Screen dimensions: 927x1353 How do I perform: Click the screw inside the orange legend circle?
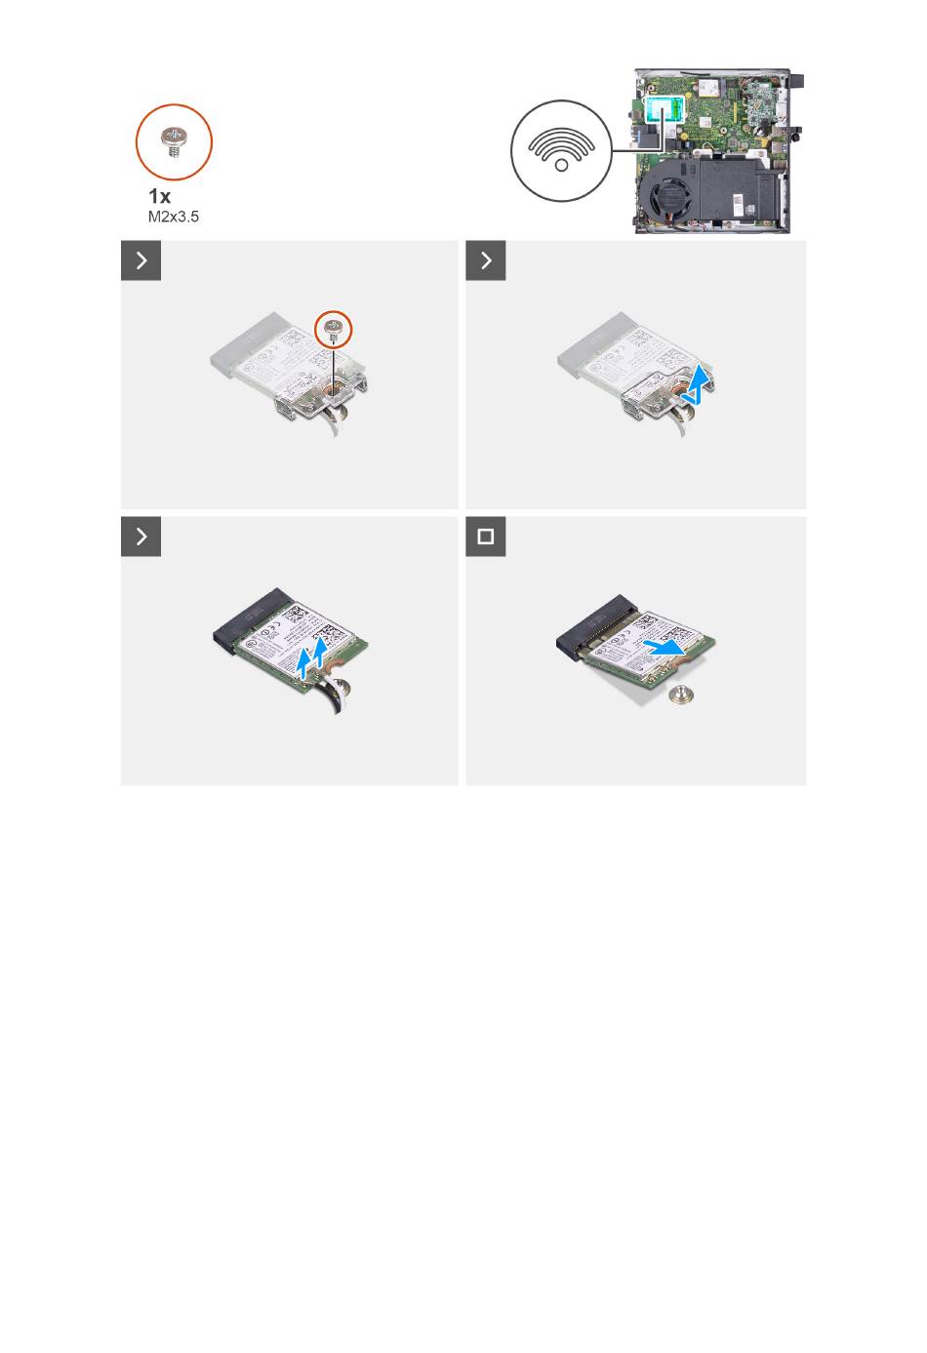click(x=174, y=142)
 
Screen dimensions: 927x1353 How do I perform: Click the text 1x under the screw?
click(x=159, y=196)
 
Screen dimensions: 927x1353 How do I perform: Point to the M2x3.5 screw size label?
click(x=174, y=217)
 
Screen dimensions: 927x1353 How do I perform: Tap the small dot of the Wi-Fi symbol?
click(x=561, y=165)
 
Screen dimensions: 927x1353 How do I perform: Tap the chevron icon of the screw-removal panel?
click(x=141, y=260)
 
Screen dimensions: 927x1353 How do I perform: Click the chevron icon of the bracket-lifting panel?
click(x=485, y=260)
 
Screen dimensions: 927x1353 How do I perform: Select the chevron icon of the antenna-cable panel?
click(x=141, y=537)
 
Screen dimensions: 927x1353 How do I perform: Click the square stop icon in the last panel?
click(x=485, y=537)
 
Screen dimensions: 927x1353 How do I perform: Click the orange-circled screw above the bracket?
click(x=334, y=329)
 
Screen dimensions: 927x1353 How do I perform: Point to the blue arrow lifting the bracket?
click(x=700, y=384)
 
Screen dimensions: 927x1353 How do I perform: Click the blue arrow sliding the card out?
click(x=665, y=648)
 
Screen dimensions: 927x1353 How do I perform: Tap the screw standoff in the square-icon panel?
click(x=682, y=696)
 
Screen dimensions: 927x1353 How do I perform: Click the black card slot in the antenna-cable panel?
click(x=249, y=620)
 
